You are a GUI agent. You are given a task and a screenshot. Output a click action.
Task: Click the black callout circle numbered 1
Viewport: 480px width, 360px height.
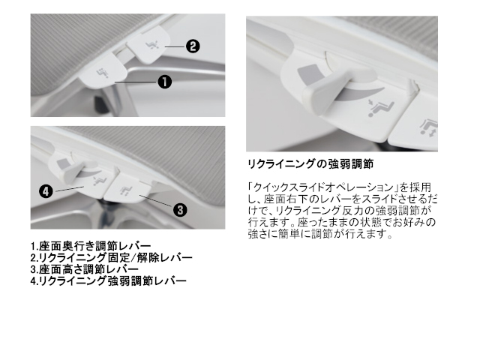pos(165,82)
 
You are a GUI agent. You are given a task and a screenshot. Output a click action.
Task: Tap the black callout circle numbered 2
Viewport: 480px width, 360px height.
pos(193,46)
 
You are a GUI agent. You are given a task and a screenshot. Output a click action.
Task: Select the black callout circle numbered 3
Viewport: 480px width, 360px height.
pos(180,210)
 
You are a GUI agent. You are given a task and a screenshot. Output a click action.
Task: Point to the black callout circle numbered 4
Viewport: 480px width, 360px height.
pos(46,192)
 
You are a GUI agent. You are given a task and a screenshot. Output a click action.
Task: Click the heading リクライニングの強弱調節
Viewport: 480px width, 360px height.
pos(310,164)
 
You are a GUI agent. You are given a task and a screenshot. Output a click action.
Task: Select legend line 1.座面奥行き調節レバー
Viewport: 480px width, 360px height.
pos(91,246)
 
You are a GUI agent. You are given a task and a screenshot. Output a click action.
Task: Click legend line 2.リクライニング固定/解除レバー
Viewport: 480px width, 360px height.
pos(112,257)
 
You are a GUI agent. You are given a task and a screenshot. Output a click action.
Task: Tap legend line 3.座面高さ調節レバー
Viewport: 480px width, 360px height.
pos(85,269)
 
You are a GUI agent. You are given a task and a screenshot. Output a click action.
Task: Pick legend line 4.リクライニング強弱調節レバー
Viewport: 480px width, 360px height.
pos(108,280)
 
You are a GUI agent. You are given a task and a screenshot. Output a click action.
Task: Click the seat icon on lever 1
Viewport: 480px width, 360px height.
pos(100,73)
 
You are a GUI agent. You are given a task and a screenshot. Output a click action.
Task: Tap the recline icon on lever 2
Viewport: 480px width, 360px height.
pos(152,45)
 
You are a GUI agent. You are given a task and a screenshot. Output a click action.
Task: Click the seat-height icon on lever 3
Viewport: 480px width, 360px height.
pos(125,190)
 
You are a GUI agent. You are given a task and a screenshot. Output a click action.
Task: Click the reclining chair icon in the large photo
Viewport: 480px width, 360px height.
pos(380,108)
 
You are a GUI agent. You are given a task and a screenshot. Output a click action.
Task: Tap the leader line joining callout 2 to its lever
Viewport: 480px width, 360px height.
pos(175,46)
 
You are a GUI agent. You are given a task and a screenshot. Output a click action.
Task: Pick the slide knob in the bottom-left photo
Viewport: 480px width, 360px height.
pos(75,172)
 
